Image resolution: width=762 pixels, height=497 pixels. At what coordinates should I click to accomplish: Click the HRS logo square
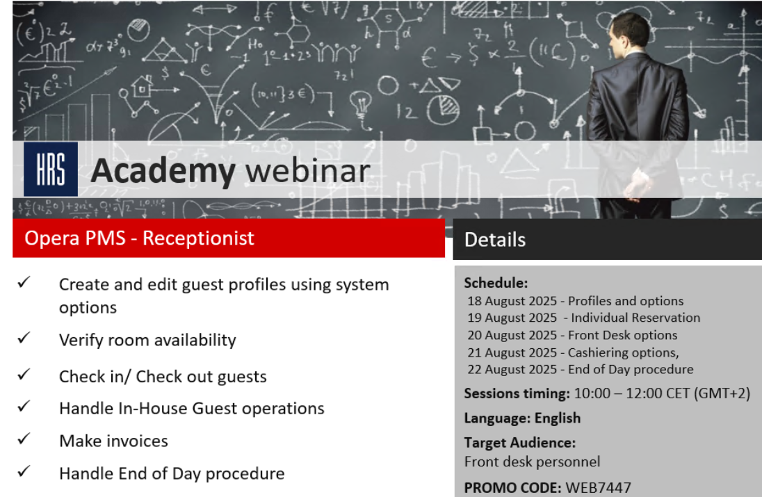tap(50, 169)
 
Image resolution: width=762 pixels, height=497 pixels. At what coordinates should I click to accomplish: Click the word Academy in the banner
tap(163, 171)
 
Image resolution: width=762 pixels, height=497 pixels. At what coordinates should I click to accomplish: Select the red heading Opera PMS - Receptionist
tap(139, 238)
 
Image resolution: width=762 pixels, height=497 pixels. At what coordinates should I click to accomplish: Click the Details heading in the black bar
tap(495, 240)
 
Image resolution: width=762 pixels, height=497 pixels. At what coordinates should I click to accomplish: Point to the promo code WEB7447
tap(598, 488)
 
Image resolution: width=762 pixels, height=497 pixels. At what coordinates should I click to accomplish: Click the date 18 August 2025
tap(512, 301)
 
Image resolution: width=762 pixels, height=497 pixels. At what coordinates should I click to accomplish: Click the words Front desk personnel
tap(532, 462)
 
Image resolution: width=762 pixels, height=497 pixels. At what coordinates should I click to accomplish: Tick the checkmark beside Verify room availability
tap(24, 339)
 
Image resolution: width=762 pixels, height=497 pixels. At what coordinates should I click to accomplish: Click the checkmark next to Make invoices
tap(24, 439)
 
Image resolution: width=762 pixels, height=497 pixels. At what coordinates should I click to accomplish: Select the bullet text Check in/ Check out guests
tap(163, 377)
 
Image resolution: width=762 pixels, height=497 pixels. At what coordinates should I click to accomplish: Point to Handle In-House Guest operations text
tap(191, 409)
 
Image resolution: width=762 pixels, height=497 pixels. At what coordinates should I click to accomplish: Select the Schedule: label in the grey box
tap(496, 283)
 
